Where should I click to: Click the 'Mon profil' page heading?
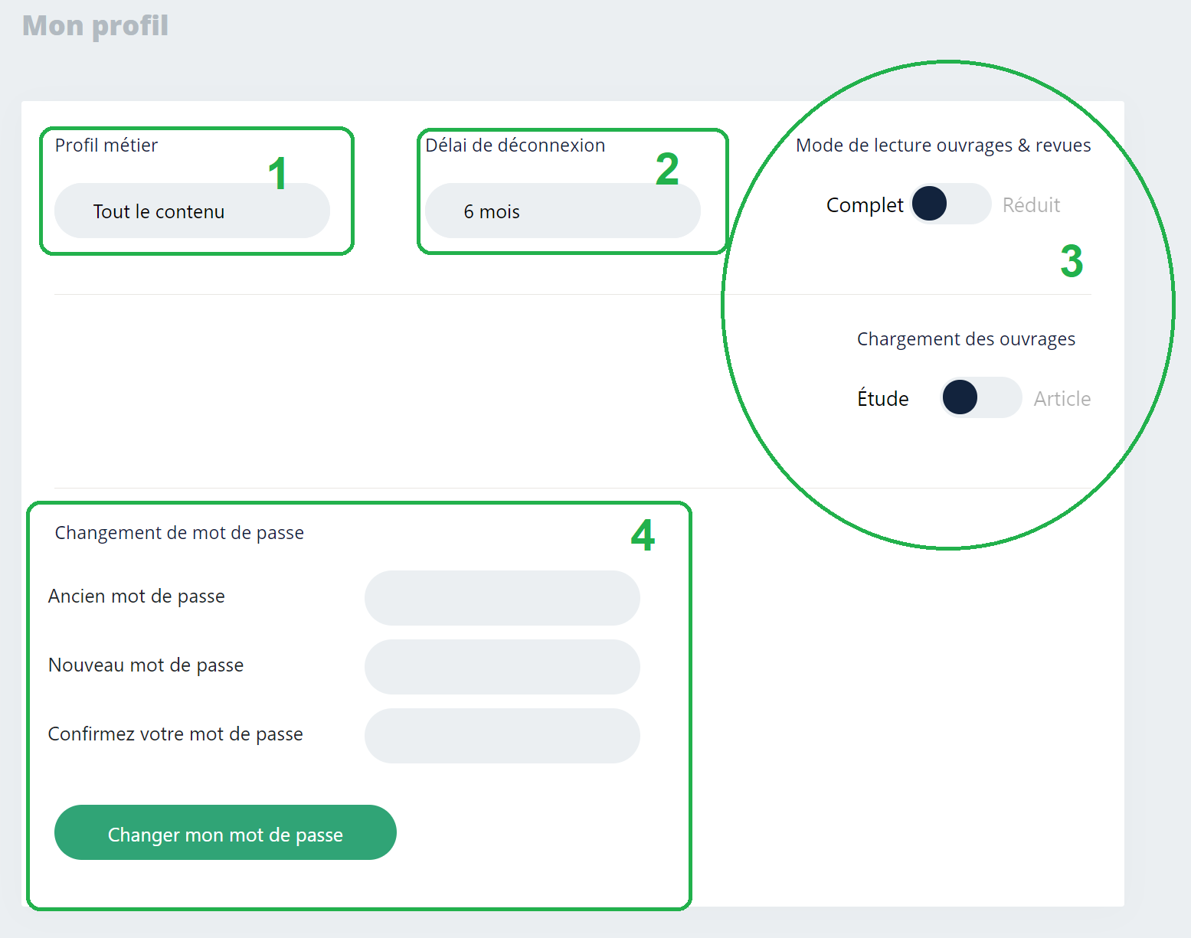[x=95, y=26]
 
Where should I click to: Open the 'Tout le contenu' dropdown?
[x=191, y=211]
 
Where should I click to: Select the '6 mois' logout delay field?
[x=562, y=211]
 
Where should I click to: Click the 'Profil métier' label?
[x=106, y=145]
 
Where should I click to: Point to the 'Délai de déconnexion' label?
[x=515, y=145]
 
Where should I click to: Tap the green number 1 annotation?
[x=277, y=174]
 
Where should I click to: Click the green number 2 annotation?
[x=667, y=169]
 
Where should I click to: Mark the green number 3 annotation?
[x=1072, y=261]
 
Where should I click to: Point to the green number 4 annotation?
[x=643, y=535]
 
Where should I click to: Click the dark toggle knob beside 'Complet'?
[x=930, y=204]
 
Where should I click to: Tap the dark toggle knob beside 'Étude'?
[x=960, y=397]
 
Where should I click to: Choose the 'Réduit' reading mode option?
[x=1031, y=205]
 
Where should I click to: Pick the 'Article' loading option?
[x=1062, y=399]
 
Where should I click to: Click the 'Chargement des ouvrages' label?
[x=966, y=339]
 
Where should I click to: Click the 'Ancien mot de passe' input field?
[x=502, y=598]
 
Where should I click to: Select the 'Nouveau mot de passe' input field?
[x=502, y=667]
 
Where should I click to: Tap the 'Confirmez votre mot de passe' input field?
[x=502, y=736]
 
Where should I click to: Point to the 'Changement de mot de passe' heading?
[x=179, y=533]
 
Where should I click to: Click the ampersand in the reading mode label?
[x=1023, y=145]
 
